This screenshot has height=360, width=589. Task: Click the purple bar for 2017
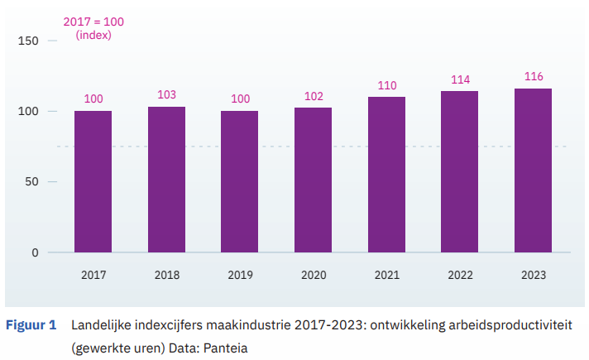[x=93, y=181]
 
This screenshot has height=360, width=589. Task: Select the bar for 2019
[x=239, y=181]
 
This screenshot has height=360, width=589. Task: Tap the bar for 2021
[x=386, y=175]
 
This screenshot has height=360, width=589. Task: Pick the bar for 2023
[x=533, y=170]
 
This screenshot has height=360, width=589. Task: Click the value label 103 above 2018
[x=166, y=95]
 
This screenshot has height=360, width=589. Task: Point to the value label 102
[x=313, y=96]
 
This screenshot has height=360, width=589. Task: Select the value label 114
[x=460, y=79]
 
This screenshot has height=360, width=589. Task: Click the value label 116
[x=534, y=77]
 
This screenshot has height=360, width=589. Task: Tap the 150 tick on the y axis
[x=28, y=41]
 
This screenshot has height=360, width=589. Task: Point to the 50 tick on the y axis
[x=31, y=181]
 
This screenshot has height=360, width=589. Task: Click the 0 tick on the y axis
[x=35, y=252]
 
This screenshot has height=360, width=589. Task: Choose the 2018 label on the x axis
[x=166, y=275]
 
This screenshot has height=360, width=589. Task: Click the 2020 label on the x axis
[x=313, y=275]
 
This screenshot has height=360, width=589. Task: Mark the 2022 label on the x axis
[x=460, y=275]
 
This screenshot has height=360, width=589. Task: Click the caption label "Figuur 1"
[x=31, y=325]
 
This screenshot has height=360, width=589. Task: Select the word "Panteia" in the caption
[x=227, y=348]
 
